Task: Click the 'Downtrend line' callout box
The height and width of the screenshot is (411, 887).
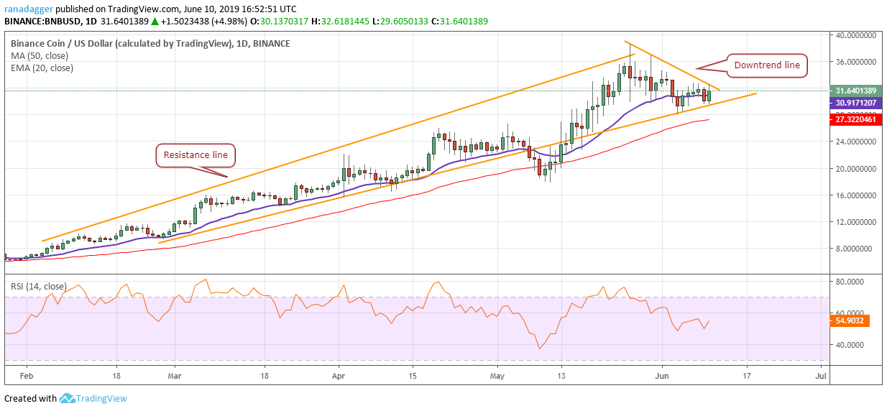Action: click(x=766, y=65)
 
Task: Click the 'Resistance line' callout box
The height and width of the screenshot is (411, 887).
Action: click(x=195, y=154)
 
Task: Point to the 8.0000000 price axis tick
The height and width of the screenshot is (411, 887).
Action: click(x=854, y=249)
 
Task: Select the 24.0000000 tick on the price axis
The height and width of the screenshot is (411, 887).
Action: click(x=854, y=142)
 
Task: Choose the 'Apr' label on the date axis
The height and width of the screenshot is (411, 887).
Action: click(x=339, y=375)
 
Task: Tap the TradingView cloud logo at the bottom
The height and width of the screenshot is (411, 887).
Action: click(x=68, y=398)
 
